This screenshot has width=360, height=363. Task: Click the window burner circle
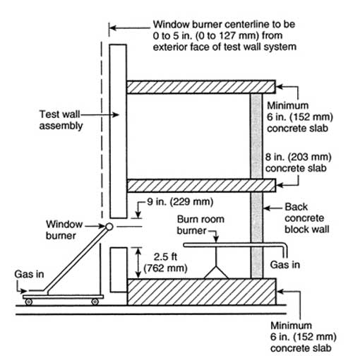pyautogui.click(x=109, y=227)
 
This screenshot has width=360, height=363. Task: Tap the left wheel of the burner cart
pyautogui.click(x=29, y=302)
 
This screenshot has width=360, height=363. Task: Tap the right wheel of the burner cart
pyautogui.click(x=95, y=302)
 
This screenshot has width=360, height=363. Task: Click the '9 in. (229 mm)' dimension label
pyautogui.click(x=180, y=202)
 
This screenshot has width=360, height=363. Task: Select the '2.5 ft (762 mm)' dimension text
pyautogui.click(x=165, y=263)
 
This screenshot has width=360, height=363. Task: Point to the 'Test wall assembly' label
pyautogui.click(x=61, y=120)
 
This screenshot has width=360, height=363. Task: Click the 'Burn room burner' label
pyautogui.click(x=200, y=225)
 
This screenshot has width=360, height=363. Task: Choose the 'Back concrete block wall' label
pyautogui.click(x=307, y=218)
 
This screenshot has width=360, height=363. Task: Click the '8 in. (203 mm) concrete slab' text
pyautogui.click(x=298, y=162)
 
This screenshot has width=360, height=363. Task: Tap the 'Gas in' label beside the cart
pyautogui.click(x=29, y=274)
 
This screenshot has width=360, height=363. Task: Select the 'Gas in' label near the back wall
pyautogui.click(x=285, y=265)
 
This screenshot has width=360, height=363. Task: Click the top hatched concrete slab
pyautogui.click(x=201, y=87)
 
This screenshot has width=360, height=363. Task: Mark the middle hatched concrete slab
pyautogui.click(x=201, y=186)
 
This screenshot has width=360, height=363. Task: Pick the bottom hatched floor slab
pyautogui.click(x=202, y=292)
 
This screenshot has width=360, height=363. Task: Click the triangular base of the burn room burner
pyautogui.click(x=216, y=273)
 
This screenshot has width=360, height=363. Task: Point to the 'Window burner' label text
pyautogui.click(x=64, y=230)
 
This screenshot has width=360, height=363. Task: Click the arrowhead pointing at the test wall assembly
pyautogui.click(x=116, y=115)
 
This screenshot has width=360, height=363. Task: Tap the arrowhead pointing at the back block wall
pyautogui.click(x=267, y=208)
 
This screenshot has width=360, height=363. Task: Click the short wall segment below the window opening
pyautogui.click(x=119, y=270)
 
